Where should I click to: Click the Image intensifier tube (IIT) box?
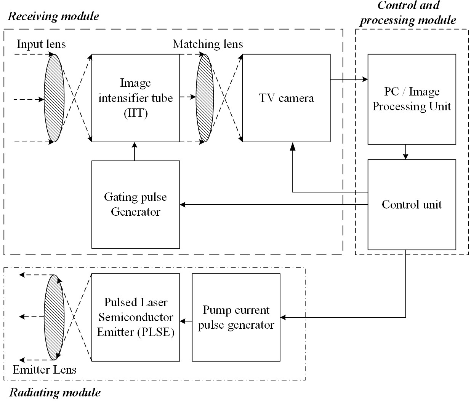[x=136, y=98]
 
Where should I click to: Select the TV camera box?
[x=286, y=98]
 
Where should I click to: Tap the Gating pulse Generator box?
[x=136, y=204]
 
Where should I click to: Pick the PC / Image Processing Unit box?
[x=412, y=99]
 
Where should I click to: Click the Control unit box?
[x=412, y=204]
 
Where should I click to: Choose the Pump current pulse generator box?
[x=236, y=317]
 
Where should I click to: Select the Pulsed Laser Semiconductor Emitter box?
[x=136, y=317]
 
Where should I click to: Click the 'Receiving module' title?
[x=53, y=16]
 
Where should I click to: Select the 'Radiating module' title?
[x=55, y=392]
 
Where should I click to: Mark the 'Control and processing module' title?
[x=408, y=13]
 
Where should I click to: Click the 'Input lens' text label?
[x=41, y=44]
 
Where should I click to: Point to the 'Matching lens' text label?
[x=208, y=44]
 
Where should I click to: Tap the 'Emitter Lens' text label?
[x=45, y=369]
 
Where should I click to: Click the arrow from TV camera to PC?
[x=349, y=80]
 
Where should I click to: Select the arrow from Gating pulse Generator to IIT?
[x=135, y=151]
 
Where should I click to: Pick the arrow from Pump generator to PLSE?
[x=186, y=321]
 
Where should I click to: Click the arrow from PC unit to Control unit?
[x=406, y=152]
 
